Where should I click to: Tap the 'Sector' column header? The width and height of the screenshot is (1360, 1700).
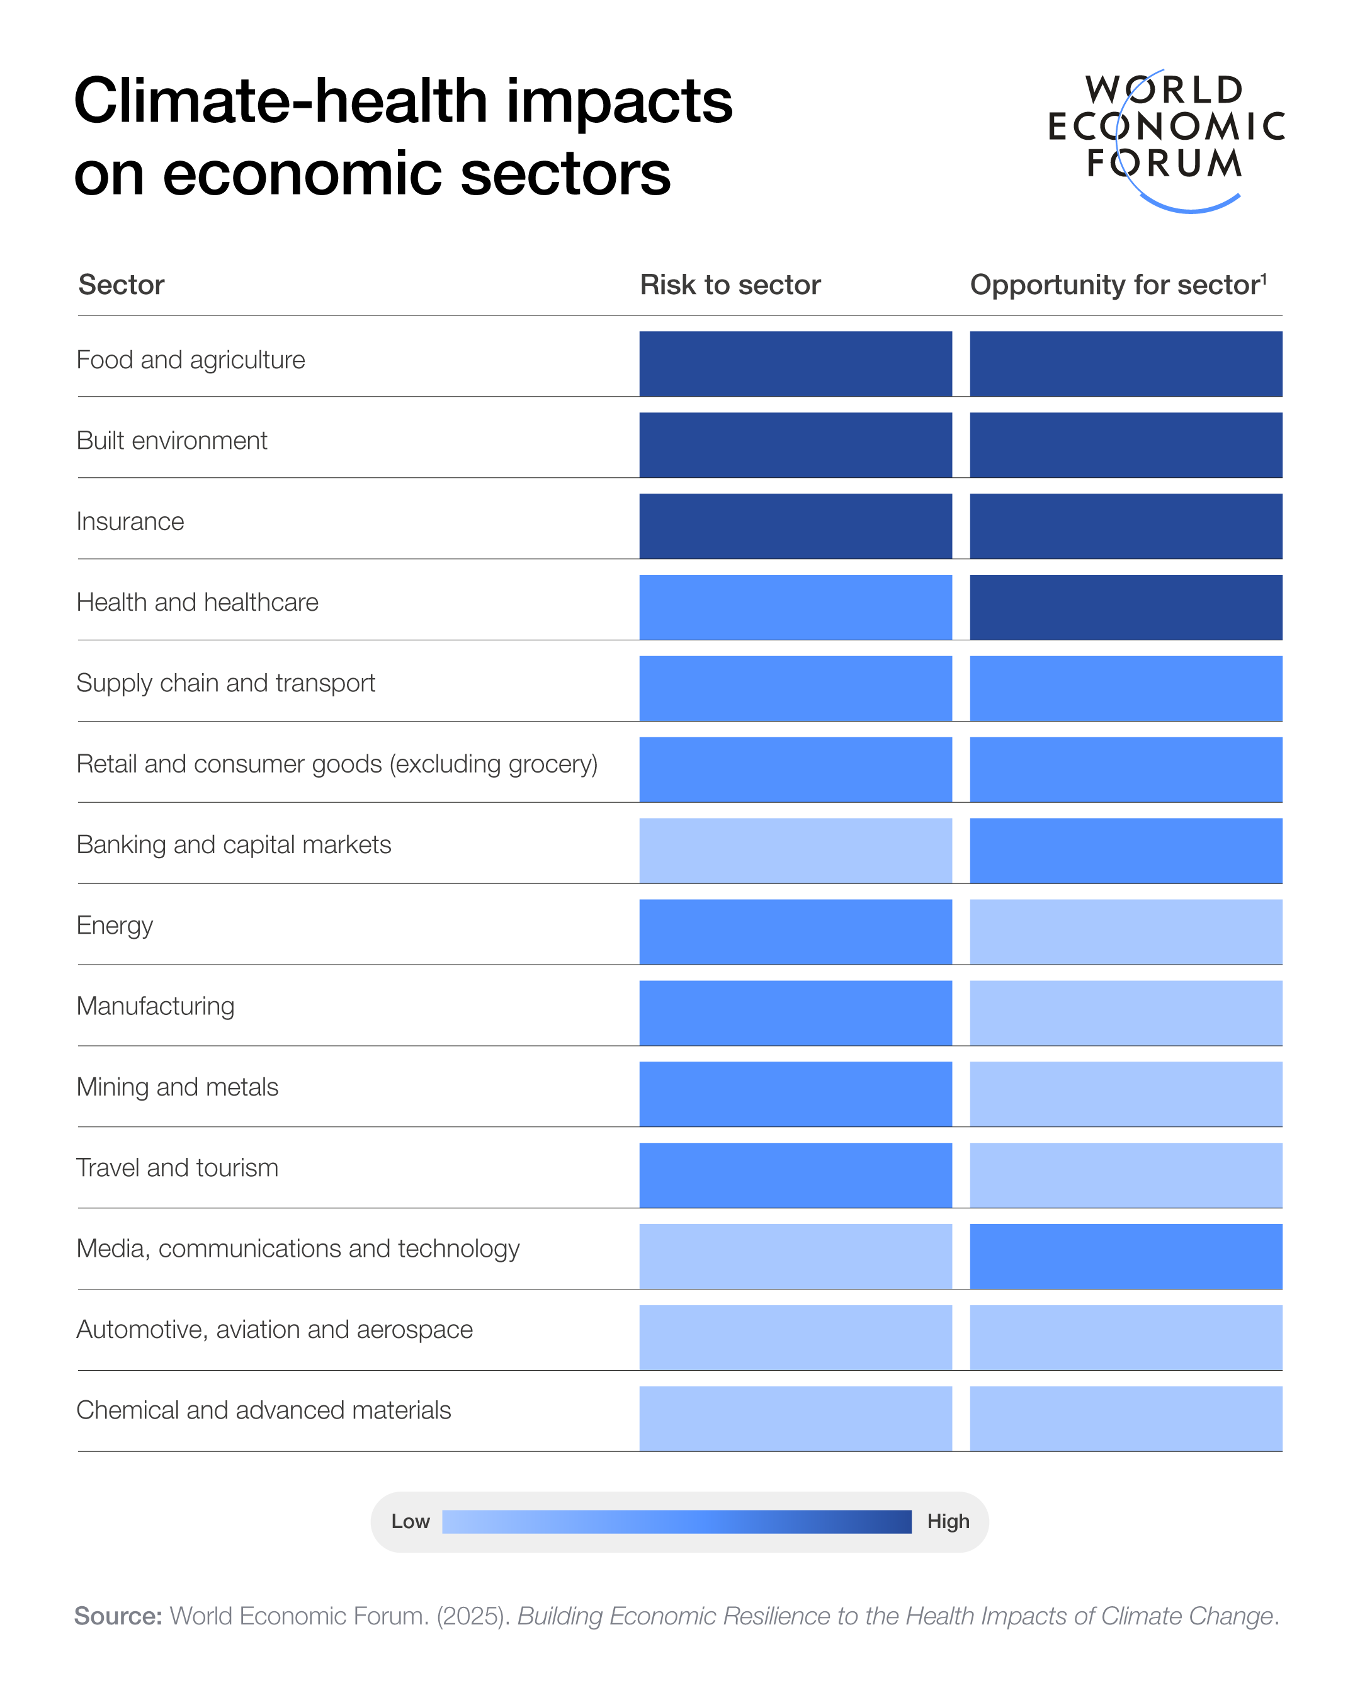(121, 285)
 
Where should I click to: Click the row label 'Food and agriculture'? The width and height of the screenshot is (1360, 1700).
(190, 360)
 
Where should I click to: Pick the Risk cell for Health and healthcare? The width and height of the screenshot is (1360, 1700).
(795, 607)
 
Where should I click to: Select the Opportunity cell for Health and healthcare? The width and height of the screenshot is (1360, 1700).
(1125, 607)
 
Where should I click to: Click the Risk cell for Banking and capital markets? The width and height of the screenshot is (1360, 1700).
(795, 851)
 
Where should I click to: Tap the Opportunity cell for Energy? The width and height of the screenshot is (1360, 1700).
(1125, 932)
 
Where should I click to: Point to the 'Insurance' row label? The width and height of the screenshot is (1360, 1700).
(130, 522)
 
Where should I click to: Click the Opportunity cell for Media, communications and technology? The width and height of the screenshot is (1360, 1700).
(1125, 1256)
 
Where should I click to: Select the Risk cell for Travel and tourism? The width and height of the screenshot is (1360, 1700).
(795, 1175)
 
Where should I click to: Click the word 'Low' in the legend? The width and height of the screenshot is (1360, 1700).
(410, 1522)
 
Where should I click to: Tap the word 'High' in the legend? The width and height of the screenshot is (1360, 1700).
(948, 1522)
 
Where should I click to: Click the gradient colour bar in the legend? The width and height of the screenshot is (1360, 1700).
(676, 1522)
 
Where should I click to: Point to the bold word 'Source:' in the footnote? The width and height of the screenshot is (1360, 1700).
(118, 1616)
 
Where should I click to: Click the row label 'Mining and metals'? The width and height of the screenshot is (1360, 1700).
(178, 1087)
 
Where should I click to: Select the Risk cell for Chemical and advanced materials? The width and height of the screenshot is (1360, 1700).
(795, 1419)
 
